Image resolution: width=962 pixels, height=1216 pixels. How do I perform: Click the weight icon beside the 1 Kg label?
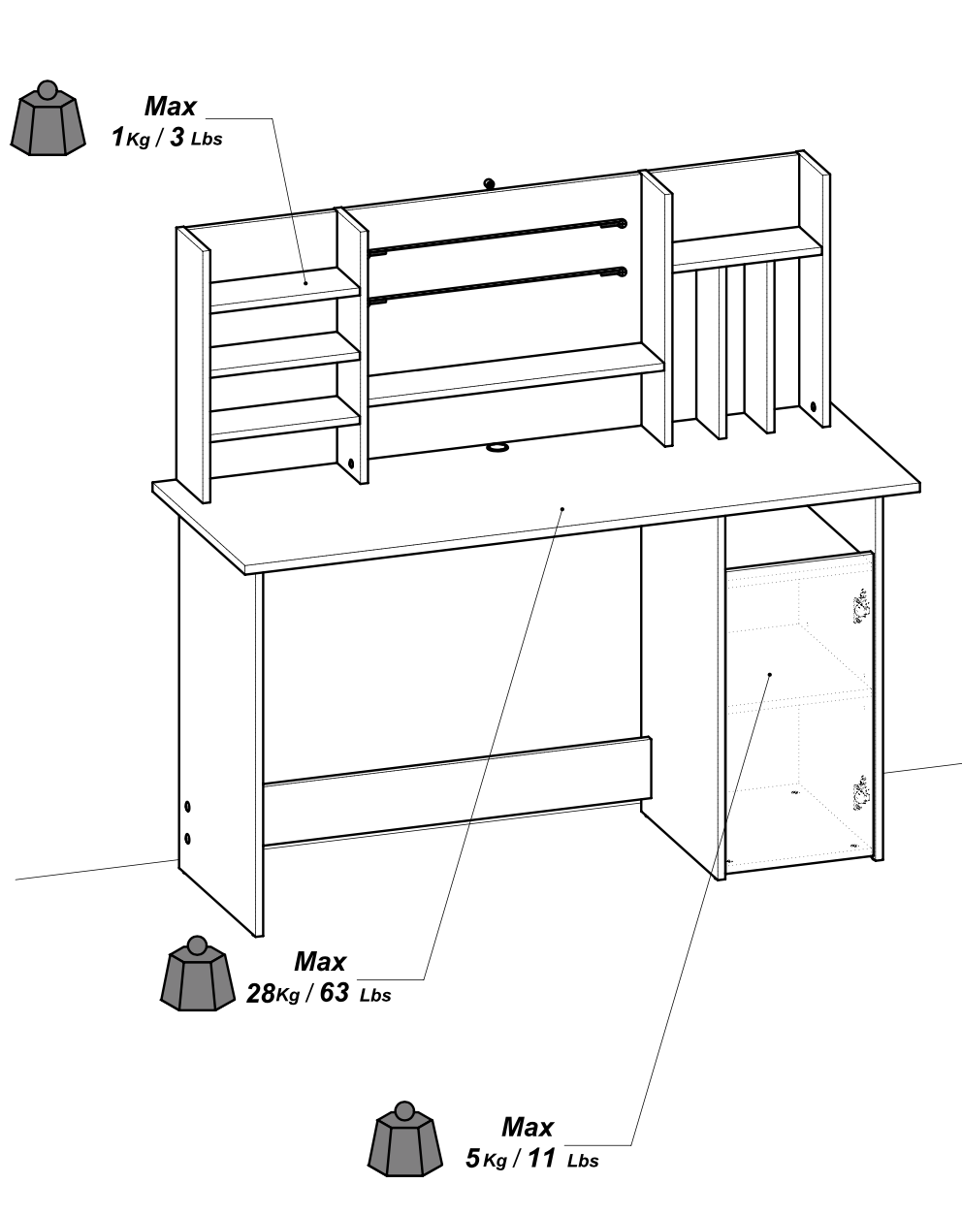tap(45, 120)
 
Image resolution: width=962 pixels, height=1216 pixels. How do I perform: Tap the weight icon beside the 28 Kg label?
tap(197, 975)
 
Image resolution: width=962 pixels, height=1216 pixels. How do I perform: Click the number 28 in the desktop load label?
tap(261, 994)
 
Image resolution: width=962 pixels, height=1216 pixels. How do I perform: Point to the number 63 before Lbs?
tap(334, 994)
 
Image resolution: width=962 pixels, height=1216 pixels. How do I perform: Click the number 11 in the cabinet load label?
tap(540, 1159)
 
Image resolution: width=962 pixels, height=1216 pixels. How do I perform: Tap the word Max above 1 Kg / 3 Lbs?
tap(170, 107)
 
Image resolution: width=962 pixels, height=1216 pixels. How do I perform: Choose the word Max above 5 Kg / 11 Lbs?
tap(527, 1128)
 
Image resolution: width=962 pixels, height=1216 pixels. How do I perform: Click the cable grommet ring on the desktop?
tap(497, 447)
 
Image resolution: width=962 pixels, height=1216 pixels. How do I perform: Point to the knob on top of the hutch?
tap(488, 181)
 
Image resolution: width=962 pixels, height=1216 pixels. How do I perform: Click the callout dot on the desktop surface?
tap(562, 507)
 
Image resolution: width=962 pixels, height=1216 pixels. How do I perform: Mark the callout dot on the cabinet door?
tap(769, 674)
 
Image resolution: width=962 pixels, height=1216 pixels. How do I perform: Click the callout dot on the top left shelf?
tap(306, 282)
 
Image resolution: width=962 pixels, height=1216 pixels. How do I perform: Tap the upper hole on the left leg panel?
tap(188, 806)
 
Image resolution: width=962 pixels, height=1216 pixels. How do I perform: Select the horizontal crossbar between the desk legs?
tap(456, 790)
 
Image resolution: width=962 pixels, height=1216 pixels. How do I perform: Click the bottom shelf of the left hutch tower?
tap(286, 420)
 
